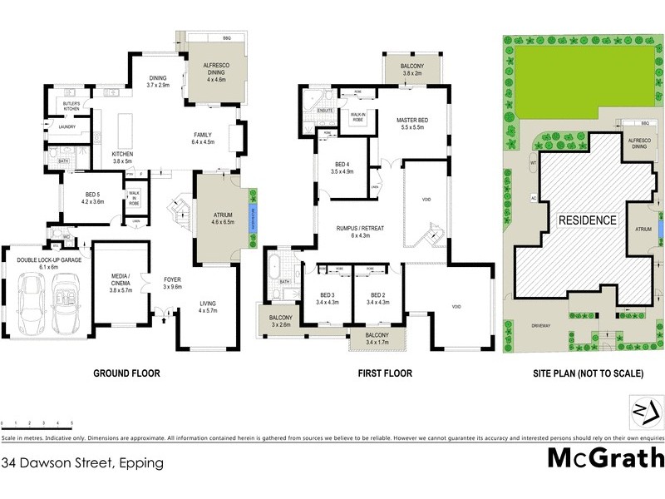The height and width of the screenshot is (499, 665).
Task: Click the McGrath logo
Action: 605,458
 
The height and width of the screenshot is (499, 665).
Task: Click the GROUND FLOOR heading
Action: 127,373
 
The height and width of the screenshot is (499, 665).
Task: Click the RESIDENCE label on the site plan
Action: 587,220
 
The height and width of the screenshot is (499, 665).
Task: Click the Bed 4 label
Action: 344,166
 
